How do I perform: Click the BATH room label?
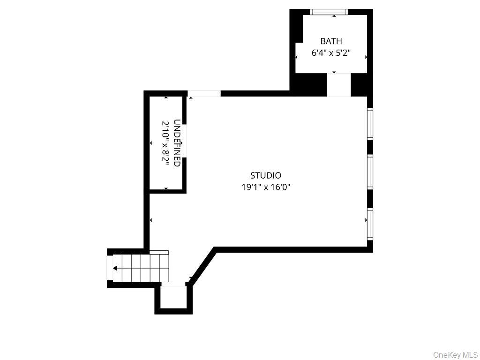tap(331, 41)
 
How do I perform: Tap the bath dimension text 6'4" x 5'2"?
tap(331, 52)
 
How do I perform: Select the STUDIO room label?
tap(266, 175)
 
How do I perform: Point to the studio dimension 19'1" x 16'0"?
tap(266, 187)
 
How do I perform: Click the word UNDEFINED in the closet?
tap(177, 142)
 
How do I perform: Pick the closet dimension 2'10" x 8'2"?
tap(165, 143)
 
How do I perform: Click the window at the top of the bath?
tap(329, 12)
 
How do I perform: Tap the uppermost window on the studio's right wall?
tap(370, 124)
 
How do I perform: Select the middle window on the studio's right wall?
tap(370, 172)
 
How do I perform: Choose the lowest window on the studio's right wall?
tap(370, 224)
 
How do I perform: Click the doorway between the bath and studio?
tap(338, 85)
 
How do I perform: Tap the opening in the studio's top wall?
tap(204, 93)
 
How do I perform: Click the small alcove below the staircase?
tap(173, 297)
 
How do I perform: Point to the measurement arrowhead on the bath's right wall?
tap(366, 57)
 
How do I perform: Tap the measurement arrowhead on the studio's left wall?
tap(150, 220)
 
